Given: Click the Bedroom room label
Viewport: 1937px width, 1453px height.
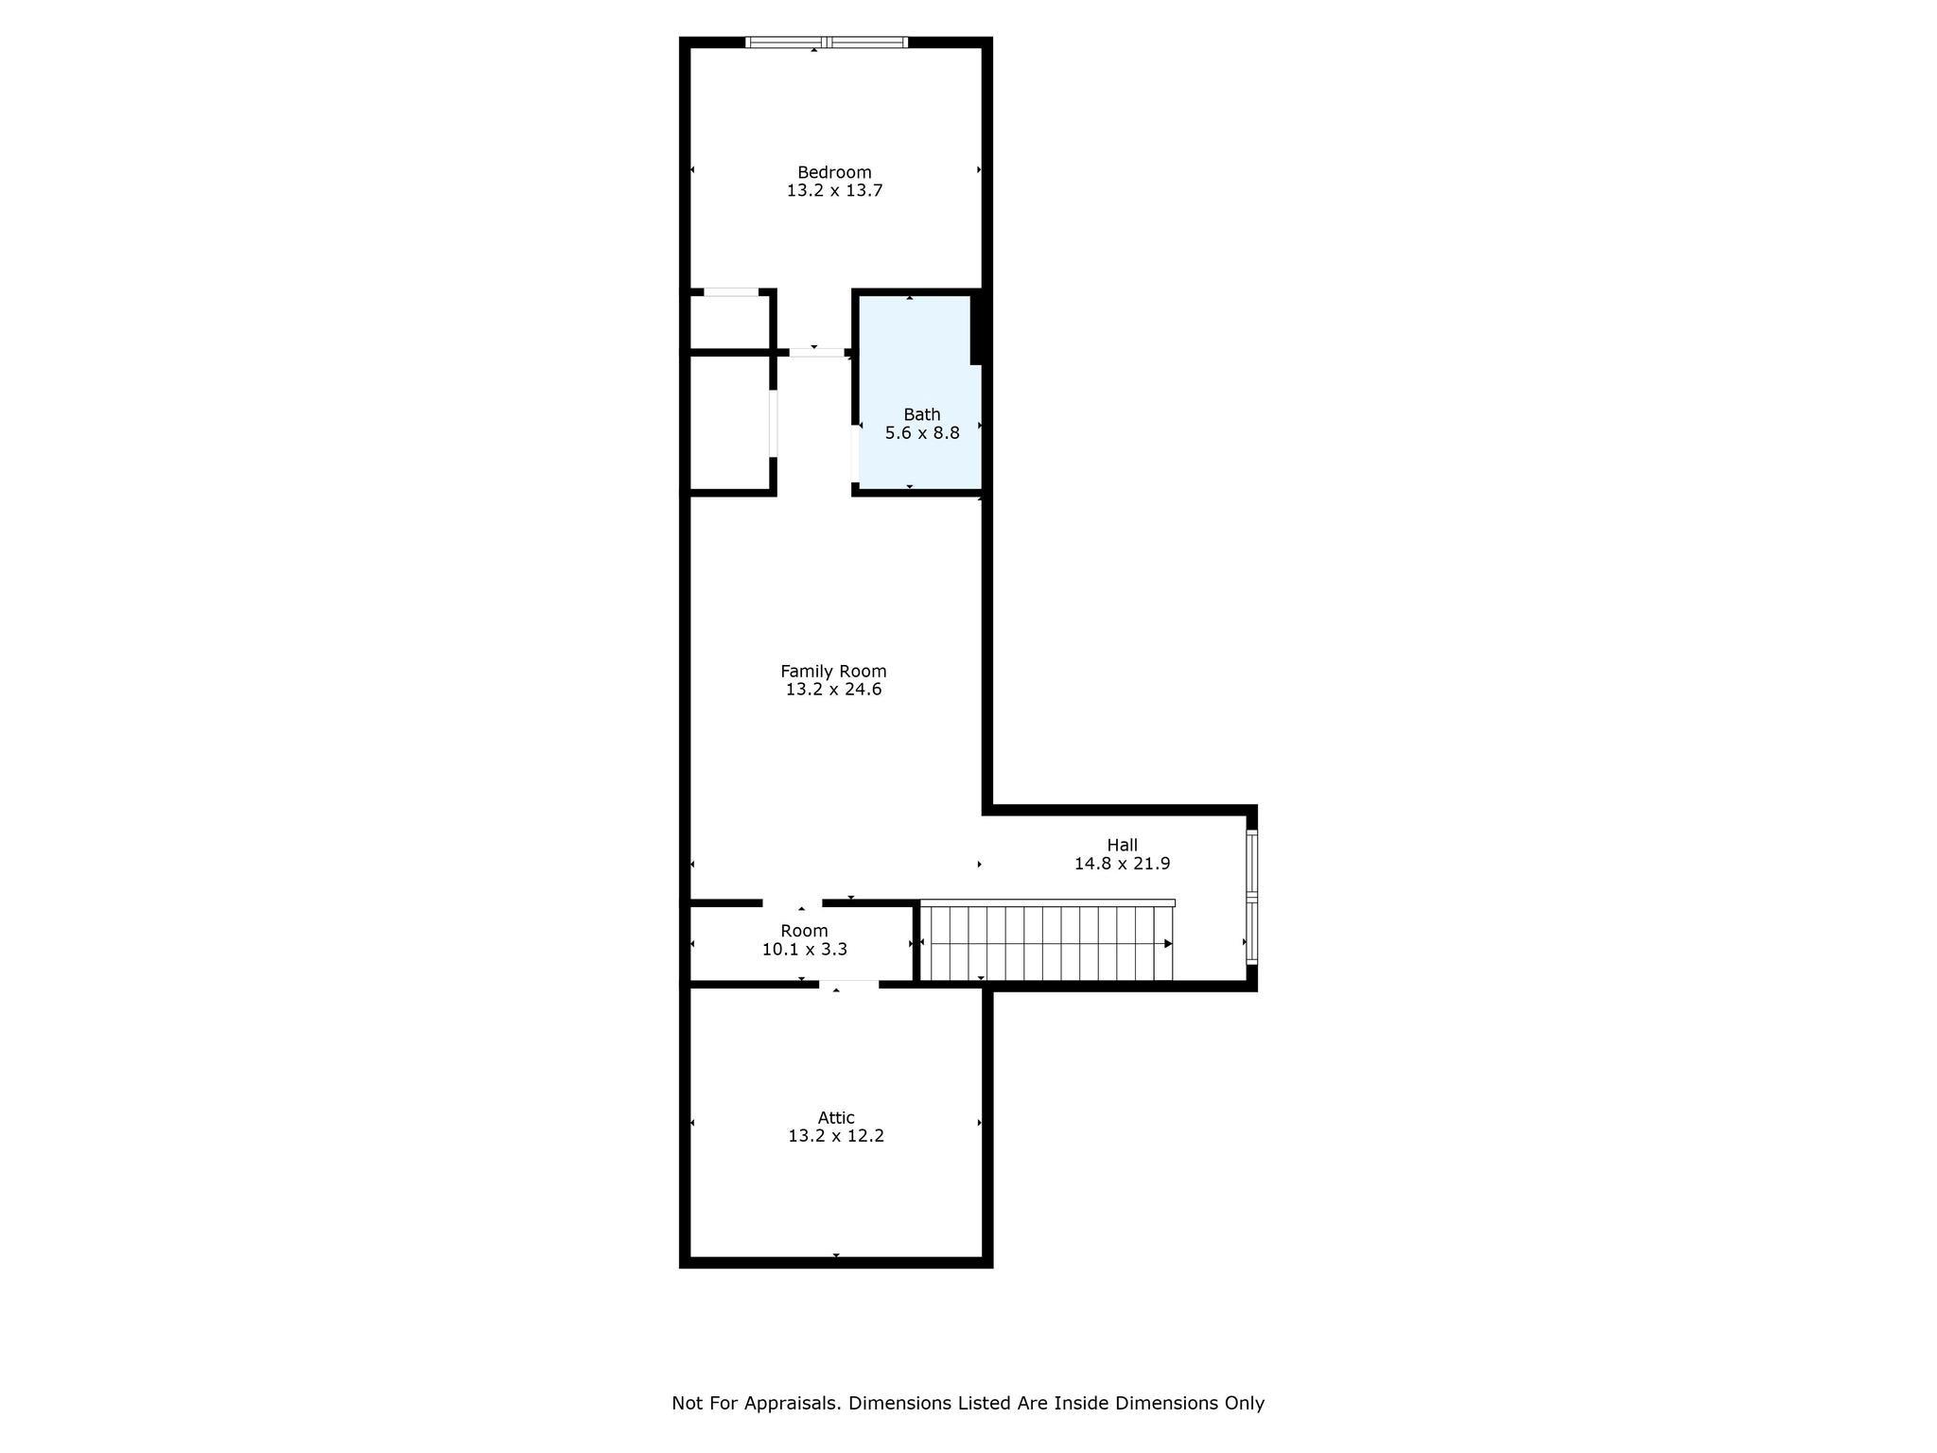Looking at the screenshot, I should coord(834,172).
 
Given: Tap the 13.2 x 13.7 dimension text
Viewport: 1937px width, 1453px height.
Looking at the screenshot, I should coord(834,190).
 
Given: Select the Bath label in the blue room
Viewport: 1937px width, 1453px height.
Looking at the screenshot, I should coord(921,414).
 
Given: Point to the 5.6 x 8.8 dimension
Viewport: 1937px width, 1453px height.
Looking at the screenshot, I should coord(921,433).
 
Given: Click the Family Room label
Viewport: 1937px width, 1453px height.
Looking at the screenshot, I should coord(833,671).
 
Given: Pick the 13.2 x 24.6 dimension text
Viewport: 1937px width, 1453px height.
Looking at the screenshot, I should coord(833,690).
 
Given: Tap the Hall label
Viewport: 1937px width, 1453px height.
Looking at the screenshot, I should coord(1122,845).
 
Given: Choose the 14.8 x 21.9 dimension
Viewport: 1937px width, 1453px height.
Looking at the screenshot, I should coord(1122,864).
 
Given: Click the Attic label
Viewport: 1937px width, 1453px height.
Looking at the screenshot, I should coord(836,1117).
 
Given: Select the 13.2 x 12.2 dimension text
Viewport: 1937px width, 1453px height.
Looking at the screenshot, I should coord(836,1136).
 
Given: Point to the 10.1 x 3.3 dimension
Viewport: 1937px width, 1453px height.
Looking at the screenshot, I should coord(804,949).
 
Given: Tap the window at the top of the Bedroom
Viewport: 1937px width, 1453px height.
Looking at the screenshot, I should coord(827,42).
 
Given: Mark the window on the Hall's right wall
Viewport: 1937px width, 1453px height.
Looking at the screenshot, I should coord(1251,897).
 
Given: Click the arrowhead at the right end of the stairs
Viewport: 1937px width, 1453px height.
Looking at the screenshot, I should coord(1168,943).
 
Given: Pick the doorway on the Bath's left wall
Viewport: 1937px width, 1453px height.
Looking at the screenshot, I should coord(855,454).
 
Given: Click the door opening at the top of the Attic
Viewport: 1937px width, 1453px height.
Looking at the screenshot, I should coord(848,985).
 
